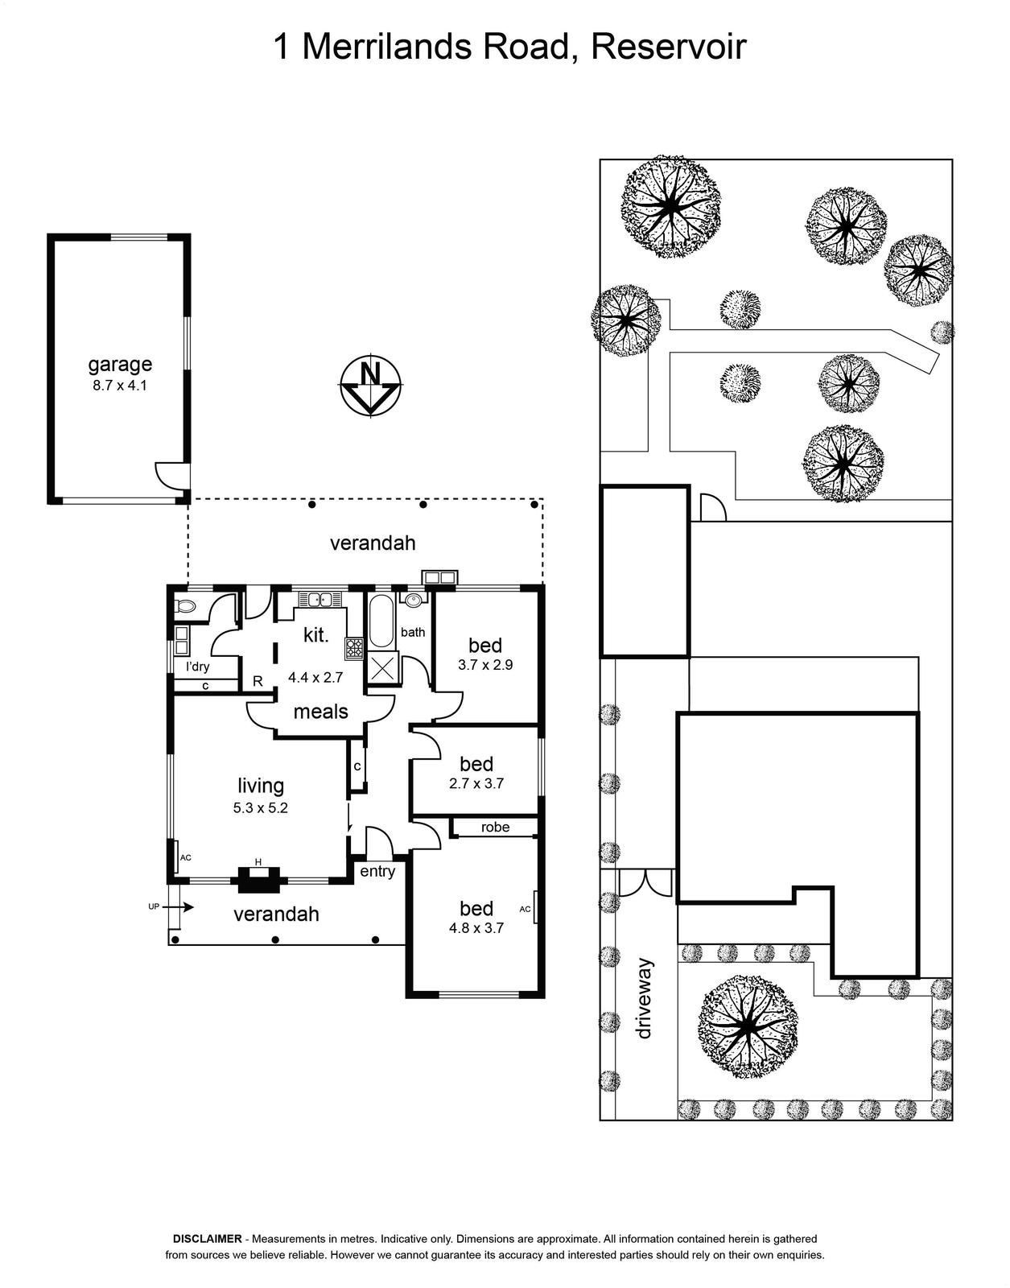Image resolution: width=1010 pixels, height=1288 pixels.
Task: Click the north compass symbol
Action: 371,388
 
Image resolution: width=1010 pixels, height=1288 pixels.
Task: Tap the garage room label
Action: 120,365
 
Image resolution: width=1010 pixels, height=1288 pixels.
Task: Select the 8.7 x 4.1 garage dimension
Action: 120,386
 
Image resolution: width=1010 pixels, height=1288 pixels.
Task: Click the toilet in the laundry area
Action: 185,606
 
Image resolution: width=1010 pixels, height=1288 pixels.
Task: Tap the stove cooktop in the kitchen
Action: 354,649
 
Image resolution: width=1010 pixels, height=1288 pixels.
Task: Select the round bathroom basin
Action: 414,601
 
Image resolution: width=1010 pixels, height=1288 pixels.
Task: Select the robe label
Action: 495,827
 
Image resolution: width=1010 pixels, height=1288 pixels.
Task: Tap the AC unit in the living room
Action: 177,857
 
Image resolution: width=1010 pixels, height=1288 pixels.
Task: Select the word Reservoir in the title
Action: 668,47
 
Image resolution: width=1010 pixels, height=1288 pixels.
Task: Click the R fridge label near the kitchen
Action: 258,681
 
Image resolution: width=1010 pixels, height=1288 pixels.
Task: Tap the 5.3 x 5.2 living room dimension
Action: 261,808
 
